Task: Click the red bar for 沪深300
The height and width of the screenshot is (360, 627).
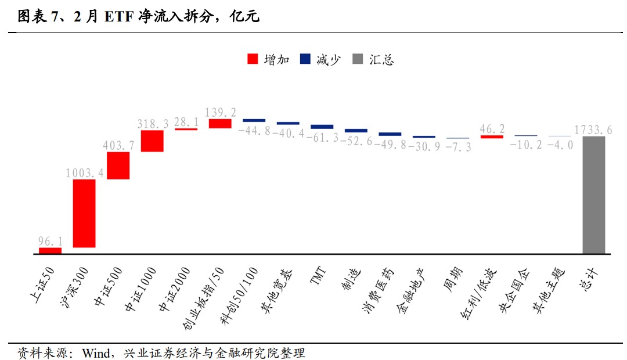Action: pyautogui.click(x=84, y=213)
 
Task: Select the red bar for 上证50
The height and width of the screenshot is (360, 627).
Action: pyautogui.click(x=50, y=251)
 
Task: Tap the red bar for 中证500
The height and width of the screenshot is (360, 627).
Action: pyautogui.click(x=118, y=165)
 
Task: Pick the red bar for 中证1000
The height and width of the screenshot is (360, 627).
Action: pyautogui.click(x=152, y=141)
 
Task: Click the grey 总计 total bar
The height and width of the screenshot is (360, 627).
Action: pyautogui.click(x=594, y=195)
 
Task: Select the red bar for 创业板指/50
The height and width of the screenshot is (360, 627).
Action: pyautogui.click(x=220, y=123)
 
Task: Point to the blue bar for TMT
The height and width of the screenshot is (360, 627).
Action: pyautogui.click(x=322, y=127)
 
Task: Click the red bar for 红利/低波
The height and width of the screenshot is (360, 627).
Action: pyautogui.click(x=492, y=136)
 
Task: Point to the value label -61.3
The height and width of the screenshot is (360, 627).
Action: pyautogui.click(x=322, y=138)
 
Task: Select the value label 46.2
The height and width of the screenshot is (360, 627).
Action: pyautogui.click(x=492, y=128)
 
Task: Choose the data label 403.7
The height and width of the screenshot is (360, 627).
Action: pyautogui.click(x=118, y=145)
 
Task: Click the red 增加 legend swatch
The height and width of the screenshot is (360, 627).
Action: pyautogui.click(x=253, y=59)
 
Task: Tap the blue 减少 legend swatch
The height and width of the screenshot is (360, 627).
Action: pyautogui.click(x=306, y=59)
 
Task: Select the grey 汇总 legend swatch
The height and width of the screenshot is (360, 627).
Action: pyautogui.click(x=358, y=59)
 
